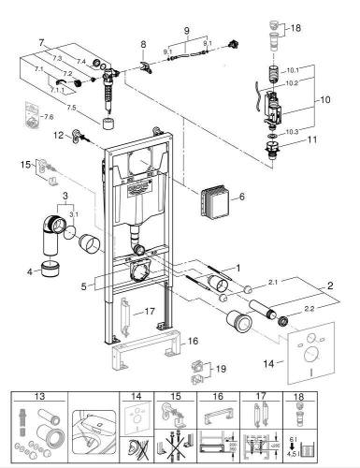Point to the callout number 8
tap(143, 45)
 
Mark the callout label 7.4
tap(81, 61)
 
